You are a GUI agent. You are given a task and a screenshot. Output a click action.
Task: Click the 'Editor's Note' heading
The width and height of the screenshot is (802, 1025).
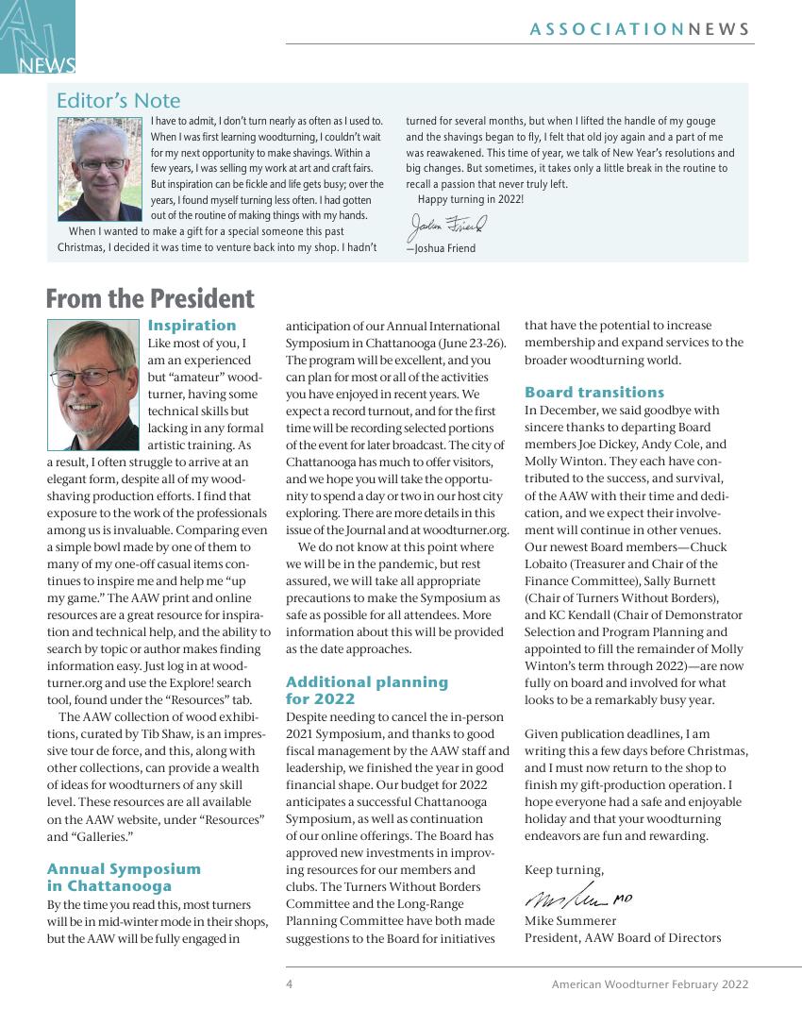[118, 100]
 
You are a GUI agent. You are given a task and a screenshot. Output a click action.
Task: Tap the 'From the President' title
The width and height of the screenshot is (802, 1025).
[150, 299]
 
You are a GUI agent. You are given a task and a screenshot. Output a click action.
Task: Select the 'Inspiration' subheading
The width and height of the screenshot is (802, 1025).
[192, 326]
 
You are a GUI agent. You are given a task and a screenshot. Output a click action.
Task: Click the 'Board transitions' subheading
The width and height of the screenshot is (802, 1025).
[594, 392]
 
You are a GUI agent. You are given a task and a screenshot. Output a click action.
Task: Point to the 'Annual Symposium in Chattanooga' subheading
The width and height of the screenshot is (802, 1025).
[124, 877]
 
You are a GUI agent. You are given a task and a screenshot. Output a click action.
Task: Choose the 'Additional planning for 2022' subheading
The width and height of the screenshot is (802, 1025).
[367, 690]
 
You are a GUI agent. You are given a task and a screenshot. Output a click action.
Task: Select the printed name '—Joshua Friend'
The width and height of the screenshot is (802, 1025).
[441, 248]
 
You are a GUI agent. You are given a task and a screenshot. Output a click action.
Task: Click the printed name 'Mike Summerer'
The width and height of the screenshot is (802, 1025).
[570, 920]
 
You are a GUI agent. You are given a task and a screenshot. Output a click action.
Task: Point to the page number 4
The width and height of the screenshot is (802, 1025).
[290, 984]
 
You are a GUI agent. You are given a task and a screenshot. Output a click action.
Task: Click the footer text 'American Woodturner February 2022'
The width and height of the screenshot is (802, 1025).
[650, 984]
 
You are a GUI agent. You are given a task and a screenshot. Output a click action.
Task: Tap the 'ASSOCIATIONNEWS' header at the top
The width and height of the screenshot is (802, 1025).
[640, 29]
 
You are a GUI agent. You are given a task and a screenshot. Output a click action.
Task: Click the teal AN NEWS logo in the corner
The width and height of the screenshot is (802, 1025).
[38, 37]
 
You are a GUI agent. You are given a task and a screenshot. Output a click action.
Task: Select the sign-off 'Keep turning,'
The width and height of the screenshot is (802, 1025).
[563, 869]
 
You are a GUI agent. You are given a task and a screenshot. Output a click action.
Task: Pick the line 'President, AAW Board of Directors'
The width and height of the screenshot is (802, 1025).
[623, 937]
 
